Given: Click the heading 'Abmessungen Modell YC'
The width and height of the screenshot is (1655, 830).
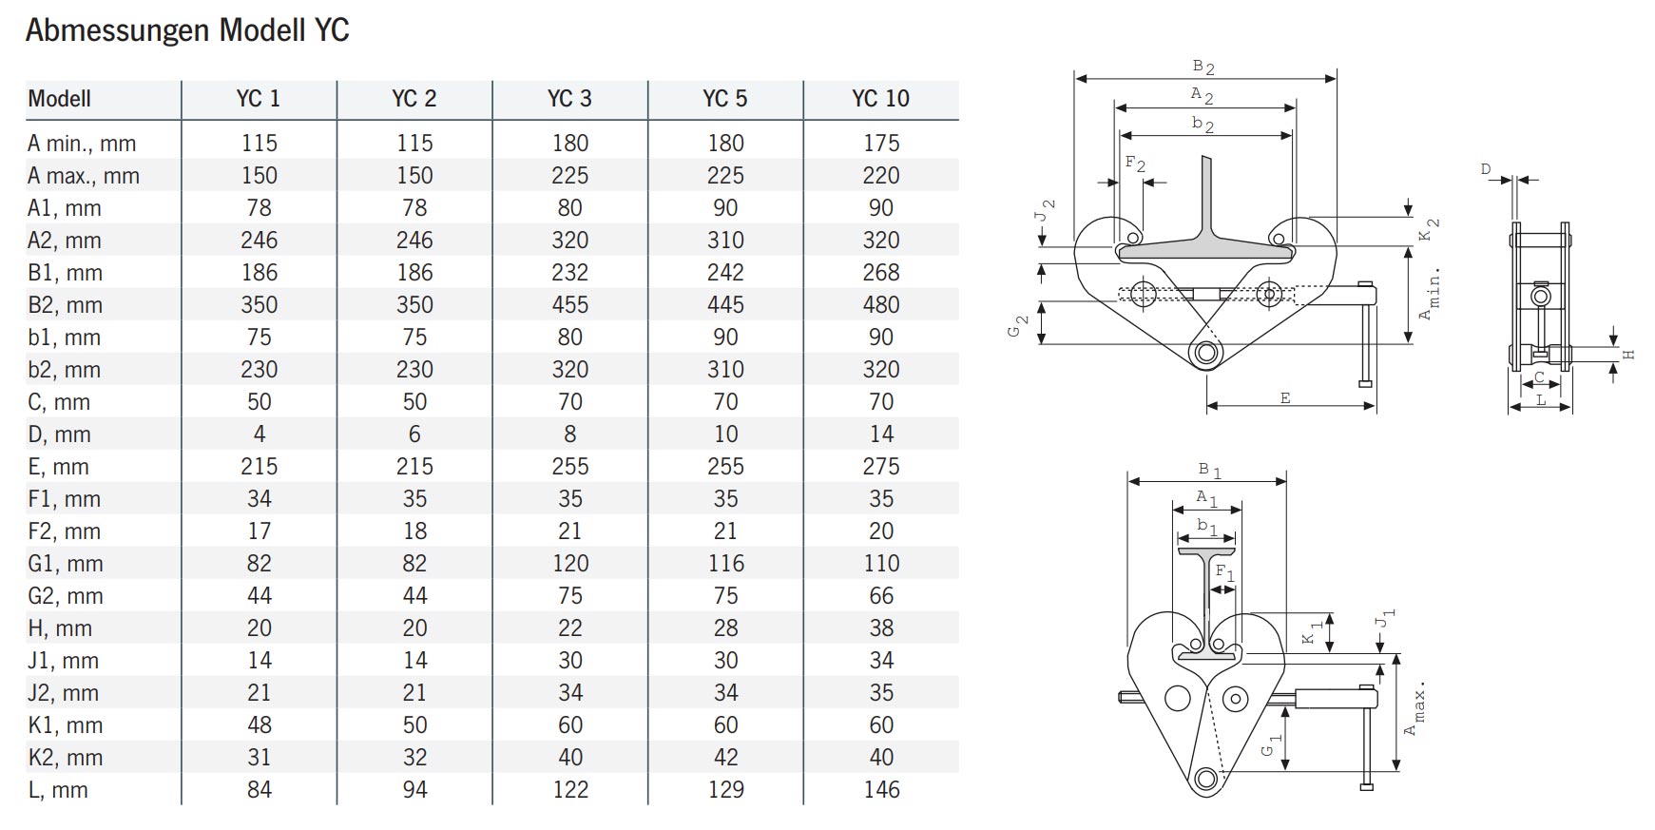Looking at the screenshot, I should [187, 30].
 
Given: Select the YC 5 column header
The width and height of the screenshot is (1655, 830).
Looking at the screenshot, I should [724, 99].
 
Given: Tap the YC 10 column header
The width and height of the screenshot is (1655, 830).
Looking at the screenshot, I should [880, 99].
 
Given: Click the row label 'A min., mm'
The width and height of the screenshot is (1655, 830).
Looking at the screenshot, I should [82, 144].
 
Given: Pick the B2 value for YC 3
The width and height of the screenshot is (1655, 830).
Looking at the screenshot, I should [569, 305].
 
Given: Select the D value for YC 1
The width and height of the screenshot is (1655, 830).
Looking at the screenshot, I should [259, 434].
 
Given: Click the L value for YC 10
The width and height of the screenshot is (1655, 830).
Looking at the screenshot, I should [880, 790].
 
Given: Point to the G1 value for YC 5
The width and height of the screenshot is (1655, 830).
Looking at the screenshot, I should [725, 564].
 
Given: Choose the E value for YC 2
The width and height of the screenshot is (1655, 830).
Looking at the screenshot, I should [414, 467].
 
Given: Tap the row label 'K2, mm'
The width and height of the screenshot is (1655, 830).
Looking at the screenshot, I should [65, 758].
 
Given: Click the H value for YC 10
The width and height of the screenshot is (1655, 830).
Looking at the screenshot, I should [880, 628].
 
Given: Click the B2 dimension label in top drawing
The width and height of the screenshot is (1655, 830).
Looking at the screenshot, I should [1203, 67].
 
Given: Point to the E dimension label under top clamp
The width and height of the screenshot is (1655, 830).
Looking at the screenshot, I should [1285, 398].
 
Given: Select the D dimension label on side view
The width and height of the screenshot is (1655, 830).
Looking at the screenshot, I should [1486, 169].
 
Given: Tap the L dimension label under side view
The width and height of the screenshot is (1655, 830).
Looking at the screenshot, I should [1541, 400].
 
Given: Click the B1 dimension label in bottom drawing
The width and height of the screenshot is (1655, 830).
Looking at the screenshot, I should [1209, 470].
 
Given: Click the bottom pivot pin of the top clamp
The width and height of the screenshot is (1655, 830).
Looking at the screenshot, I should [1206, 353].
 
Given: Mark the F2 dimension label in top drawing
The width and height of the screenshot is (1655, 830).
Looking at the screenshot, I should [1134, 164].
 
